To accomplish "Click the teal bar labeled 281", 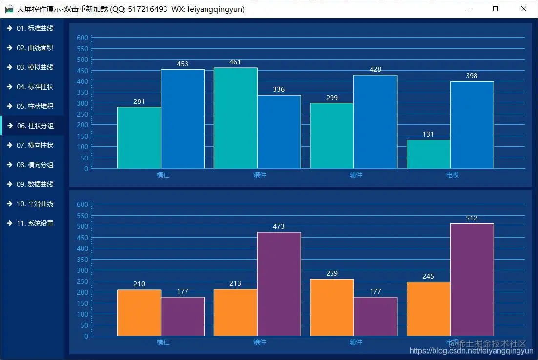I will (139, 138).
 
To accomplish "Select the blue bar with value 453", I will (183, 119).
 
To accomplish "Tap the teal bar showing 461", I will (235, 118).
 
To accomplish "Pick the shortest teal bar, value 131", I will (428, 154).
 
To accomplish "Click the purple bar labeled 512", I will (472, 280).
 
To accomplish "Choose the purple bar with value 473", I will (279, 284).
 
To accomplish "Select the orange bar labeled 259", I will (332, 307).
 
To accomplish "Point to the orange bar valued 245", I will (428, 309).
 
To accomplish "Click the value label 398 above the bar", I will (472, 76).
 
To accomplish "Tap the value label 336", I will (279, 90).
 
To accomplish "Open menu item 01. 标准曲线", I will (35, 28).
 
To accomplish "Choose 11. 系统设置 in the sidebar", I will (35, 223).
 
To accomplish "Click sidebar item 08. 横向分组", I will (35, 165).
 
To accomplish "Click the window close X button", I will (524, 9).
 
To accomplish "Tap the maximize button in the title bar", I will (496, 9).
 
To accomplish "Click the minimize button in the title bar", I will (468, 9).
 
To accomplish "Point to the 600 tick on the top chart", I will (83, 38).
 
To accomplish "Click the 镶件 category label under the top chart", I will (260, 175).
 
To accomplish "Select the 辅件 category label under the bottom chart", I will (356, 342).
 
